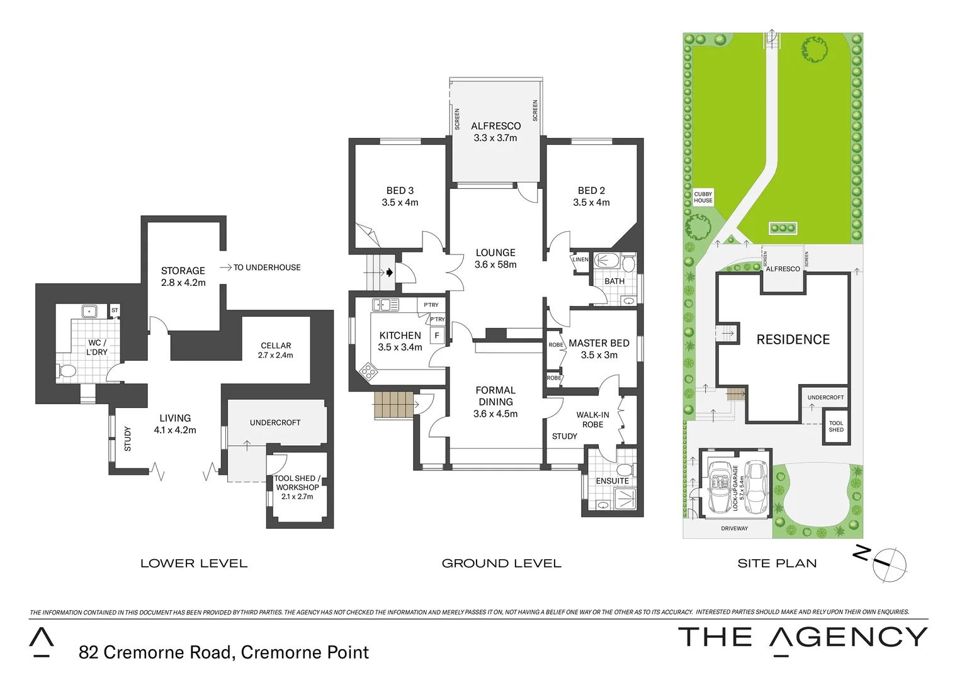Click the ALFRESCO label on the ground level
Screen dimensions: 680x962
coord(495,126)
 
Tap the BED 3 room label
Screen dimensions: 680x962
coord(400,191)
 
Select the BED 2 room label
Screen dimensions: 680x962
coord(591,191)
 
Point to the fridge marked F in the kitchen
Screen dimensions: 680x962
coord(437,336)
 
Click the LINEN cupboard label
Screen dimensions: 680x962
coord(580,259)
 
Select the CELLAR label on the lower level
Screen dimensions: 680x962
coord(276,346)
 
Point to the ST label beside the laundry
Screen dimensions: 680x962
coord(115,310)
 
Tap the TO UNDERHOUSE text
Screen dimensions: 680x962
coord(266,268)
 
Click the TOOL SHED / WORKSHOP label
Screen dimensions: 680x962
coord(297,483)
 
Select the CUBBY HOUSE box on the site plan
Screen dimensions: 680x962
coord(703,198)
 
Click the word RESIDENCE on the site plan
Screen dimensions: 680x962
coord(793,340)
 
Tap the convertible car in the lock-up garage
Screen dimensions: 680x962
coord(719,487)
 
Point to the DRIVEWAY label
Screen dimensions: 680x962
coord(734,529)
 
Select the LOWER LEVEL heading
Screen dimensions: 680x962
coord(194,564)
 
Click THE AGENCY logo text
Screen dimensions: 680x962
coord(802,638)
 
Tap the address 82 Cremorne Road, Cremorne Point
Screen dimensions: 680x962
coord(224,652)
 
